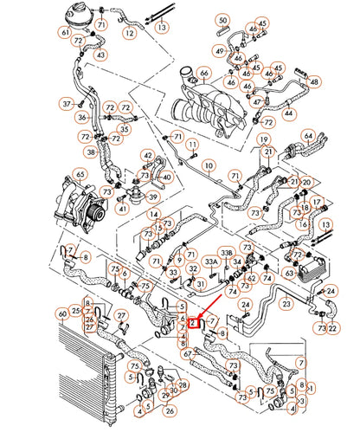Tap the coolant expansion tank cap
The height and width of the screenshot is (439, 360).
88,7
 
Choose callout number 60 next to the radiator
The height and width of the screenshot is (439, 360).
61,313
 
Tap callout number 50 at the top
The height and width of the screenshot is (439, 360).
222,18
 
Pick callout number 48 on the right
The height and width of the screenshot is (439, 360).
314,81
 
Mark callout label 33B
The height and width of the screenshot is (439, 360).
227,252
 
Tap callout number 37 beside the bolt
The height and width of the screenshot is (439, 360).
65,103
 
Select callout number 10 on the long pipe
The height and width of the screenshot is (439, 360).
208,164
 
